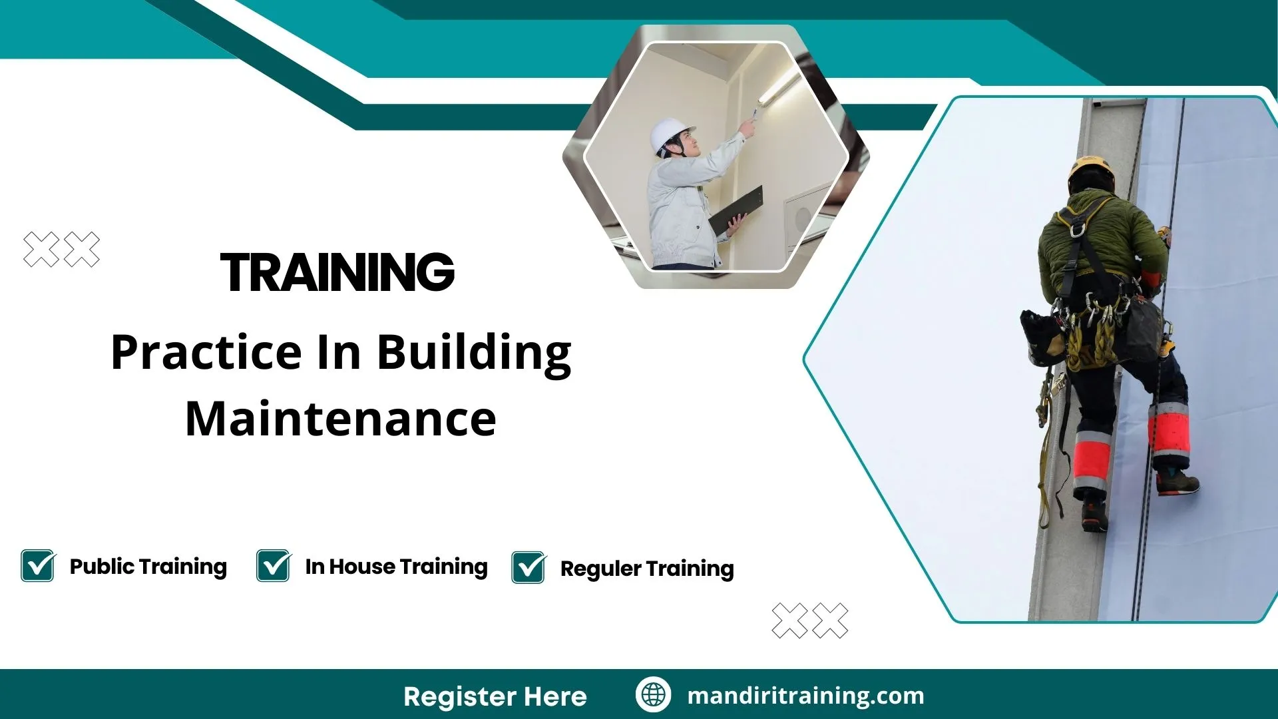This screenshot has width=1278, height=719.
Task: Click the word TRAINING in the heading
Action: click(337, 272)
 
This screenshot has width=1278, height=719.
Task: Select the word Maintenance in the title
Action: click(341, 419)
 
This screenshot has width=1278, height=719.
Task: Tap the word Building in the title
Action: click(474, 353)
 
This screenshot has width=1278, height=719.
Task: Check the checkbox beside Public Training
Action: click(38, 566)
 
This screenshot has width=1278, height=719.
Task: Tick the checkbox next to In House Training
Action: click(274, 566)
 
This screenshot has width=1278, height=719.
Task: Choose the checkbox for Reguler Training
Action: click(529, 568)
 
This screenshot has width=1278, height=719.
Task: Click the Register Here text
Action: click(495, 696)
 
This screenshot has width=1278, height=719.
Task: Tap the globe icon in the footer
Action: click(653, 695)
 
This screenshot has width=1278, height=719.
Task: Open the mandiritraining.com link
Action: click(805, 696)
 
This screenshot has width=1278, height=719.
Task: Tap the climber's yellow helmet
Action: click(1091, 170)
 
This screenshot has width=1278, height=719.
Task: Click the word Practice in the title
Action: click(206, 353)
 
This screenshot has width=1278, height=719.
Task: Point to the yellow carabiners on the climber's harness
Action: click(1092, 333)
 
